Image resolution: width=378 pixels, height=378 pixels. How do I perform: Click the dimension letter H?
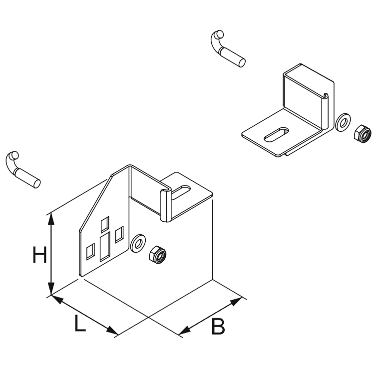click(x=39, y=256)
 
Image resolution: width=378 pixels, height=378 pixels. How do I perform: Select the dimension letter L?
click(x=80, y=324)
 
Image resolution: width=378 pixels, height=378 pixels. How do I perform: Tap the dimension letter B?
click(x=218, y=327)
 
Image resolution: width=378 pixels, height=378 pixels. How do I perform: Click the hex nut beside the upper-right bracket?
click(x=362, y=133)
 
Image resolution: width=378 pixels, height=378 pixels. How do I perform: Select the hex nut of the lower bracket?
click(x=158, y=254)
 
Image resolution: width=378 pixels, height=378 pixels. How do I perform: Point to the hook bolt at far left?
click(x=23, y=170)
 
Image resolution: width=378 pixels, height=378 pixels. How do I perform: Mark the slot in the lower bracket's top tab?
click(x=183, y=191)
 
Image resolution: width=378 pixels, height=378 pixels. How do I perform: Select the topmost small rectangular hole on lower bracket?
click(x=105, y=224)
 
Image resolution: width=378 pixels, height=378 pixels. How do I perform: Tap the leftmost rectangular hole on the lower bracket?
click(x=90, y=251)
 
